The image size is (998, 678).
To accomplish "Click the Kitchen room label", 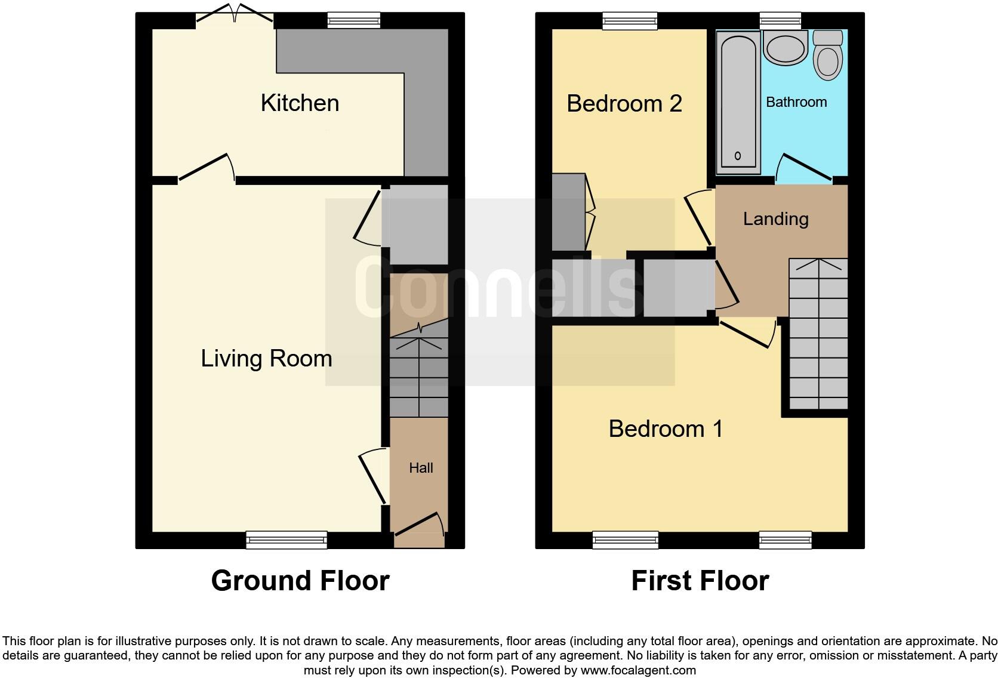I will pos(300,103).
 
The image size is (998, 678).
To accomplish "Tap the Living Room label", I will pos(266,358).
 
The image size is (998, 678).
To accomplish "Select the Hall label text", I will pos(421,468).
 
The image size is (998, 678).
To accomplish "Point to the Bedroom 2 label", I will pos(624,103).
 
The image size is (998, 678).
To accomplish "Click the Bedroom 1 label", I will pos(666,429).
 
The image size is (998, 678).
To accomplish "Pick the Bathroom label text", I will pos(796,102).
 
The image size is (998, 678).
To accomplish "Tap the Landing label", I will pos(775,218).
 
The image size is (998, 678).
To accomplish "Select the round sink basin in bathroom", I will pos(785,49).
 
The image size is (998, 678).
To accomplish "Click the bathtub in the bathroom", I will pos(738,101).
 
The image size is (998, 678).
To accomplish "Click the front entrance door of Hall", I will pos(420,528).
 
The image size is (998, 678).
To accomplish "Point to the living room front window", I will pos(287,540).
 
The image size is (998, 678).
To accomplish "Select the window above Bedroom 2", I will pos(630,21).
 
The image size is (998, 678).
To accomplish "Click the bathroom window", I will pos(780,21).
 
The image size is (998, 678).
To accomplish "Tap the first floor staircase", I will pos(818,334).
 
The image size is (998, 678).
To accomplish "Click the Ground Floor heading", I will pos(300,580).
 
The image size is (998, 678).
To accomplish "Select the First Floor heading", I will pos(700,580).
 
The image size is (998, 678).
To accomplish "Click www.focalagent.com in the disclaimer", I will pos(637,670).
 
